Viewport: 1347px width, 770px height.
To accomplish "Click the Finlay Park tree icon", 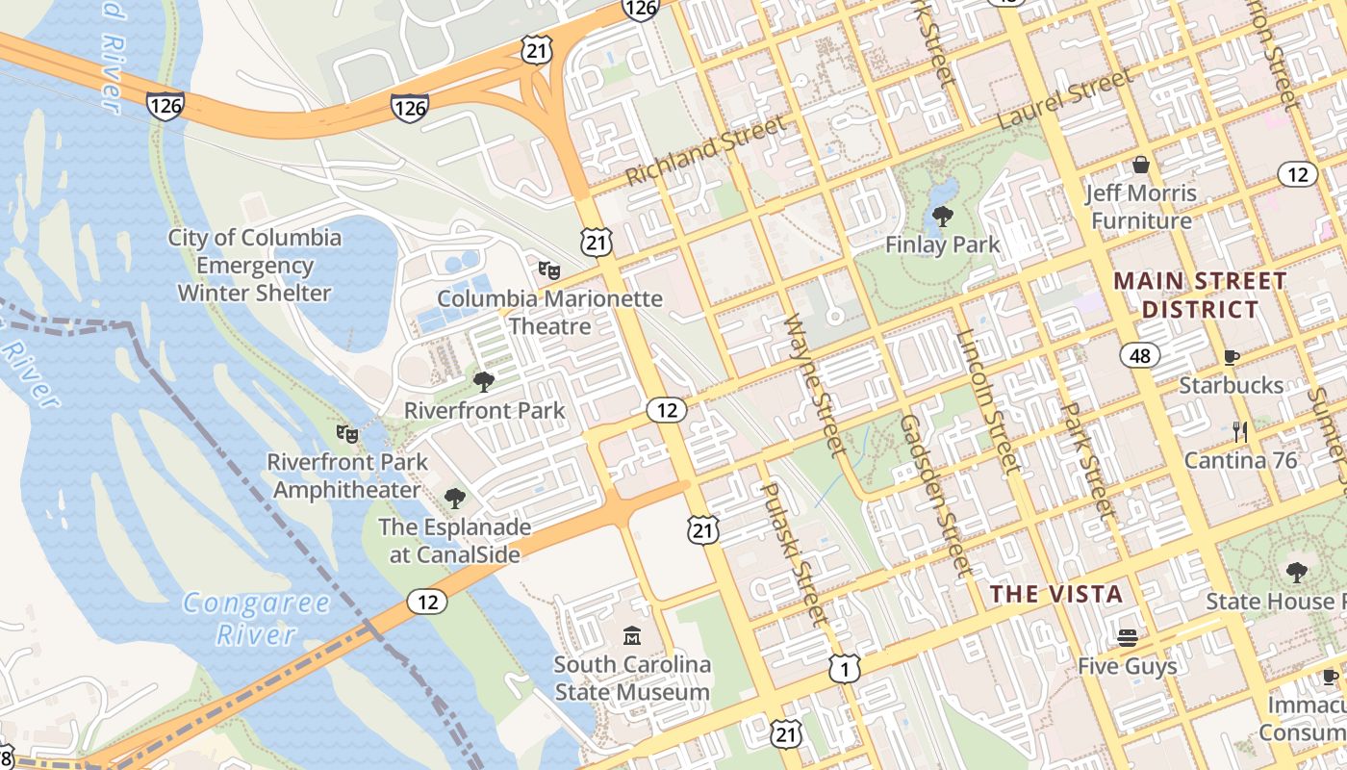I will [942, 216].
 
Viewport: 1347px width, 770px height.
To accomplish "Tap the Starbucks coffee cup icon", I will [1231, 357].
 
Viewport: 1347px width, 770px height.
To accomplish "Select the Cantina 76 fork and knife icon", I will [1240, 432].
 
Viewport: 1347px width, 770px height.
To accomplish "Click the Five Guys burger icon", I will [1127, 638].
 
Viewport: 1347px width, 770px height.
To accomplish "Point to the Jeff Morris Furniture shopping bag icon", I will [1141, 165].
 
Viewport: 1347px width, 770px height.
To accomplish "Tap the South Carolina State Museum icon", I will [632, 636].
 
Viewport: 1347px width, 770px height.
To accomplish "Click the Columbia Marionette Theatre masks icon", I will [549, 270].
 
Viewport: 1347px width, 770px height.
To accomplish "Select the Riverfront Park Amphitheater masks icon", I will [347, 434].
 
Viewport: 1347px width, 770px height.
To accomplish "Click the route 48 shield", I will [1139, 356].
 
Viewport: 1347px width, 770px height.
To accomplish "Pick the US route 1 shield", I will [844, 668].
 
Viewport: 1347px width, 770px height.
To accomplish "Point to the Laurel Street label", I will [1066, 100].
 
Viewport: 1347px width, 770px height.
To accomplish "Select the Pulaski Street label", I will [794, 553].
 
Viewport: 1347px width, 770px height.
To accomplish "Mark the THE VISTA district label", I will [1057, 594].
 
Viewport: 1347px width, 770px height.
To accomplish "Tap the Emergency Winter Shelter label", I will [255, 265].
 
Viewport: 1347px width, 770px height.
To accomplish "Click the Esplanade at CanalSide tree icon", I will [454, 499].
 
